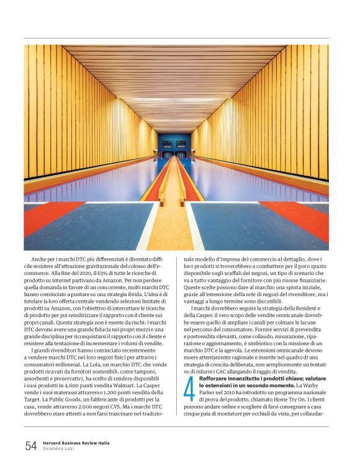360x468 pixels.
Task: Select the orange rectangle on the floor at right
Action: coord(297,217)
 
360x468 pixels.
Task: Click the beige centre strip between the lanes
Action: coord(170,230)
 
